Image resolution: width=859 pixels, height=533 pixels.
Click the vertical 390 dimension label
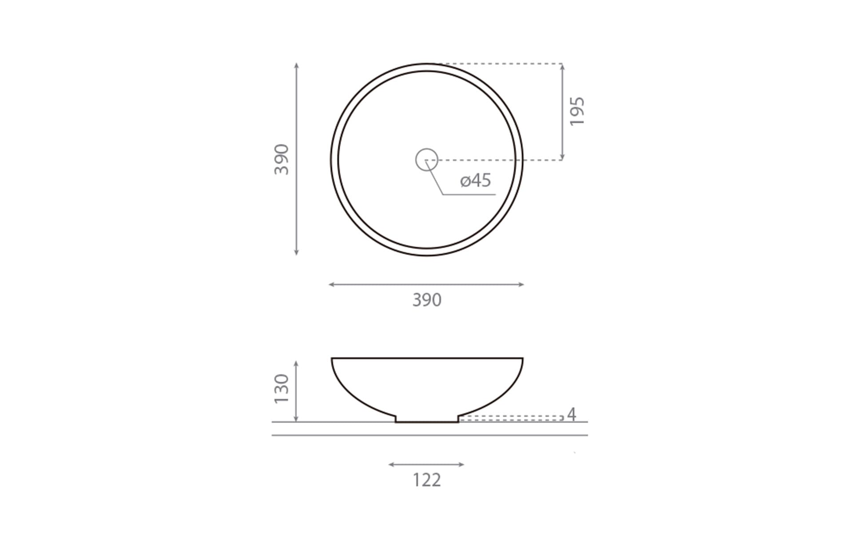coord(282,159)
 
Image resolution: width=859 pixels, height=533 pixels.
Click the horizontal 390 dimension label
coord(427,300)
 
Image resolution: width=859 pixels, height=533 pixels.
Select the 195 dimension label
coord(577,111)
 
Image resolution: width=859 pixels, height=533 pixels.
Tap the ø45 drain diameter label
coord(476,181)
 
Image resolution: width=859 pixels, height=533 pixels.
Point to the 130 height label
coord(282,388)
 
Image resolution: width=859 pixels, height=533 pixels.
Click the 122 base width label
coord(427,480)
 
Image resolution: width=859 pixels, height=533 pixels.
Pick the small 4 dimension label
coord(572,414)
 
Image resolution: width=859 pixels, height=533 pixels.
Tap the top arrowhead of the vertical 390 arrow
coord(297,66)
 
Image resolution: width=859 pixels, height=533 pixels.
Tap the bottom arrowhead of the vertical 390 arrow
coord(297,253)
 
